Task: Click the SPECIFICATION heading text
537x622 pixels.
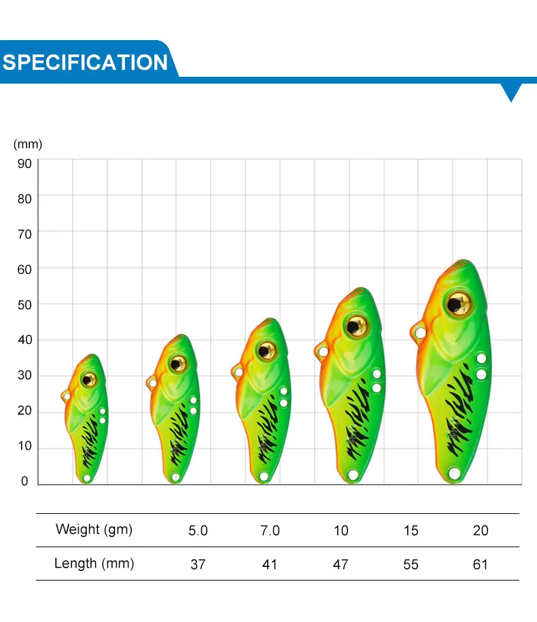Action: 85,63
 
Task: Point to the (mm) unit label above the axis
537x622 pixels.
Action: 28,144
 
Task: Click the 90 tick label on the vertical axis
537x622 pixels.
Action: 24,163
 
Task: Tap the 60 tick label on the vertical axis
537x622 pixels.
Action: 24,270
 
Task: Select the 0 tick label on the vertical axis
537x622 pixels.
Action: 24,481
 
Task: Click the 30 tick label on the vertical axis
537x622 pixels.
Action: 24,375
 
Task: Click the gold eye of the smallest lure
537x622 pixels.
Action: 89,379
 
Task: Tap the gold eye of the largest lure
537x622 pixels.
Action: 458,305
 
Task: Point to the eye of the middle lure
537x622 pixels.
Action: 266,351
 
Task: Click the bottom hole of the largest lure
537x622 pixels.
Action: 454,473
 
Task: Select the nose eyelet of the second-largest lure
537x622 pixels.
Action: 324,351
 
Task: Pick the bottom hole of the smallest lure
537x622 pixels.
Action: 87,479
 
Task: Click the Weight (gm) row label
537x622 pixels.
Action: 94,530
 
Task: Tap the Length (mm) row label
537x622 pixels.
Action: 94,564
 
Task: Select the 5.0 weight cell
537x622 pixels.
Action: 198,531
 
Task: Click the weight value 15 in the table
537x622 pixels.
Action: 411,531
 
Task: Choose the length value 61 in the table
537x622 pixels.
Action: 480,564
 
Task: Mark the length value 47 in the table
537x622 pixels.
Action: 341,564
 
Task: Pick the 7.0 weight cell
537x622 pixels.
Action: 270,531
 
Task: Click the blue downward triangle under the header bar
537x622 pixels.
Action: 511,92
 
